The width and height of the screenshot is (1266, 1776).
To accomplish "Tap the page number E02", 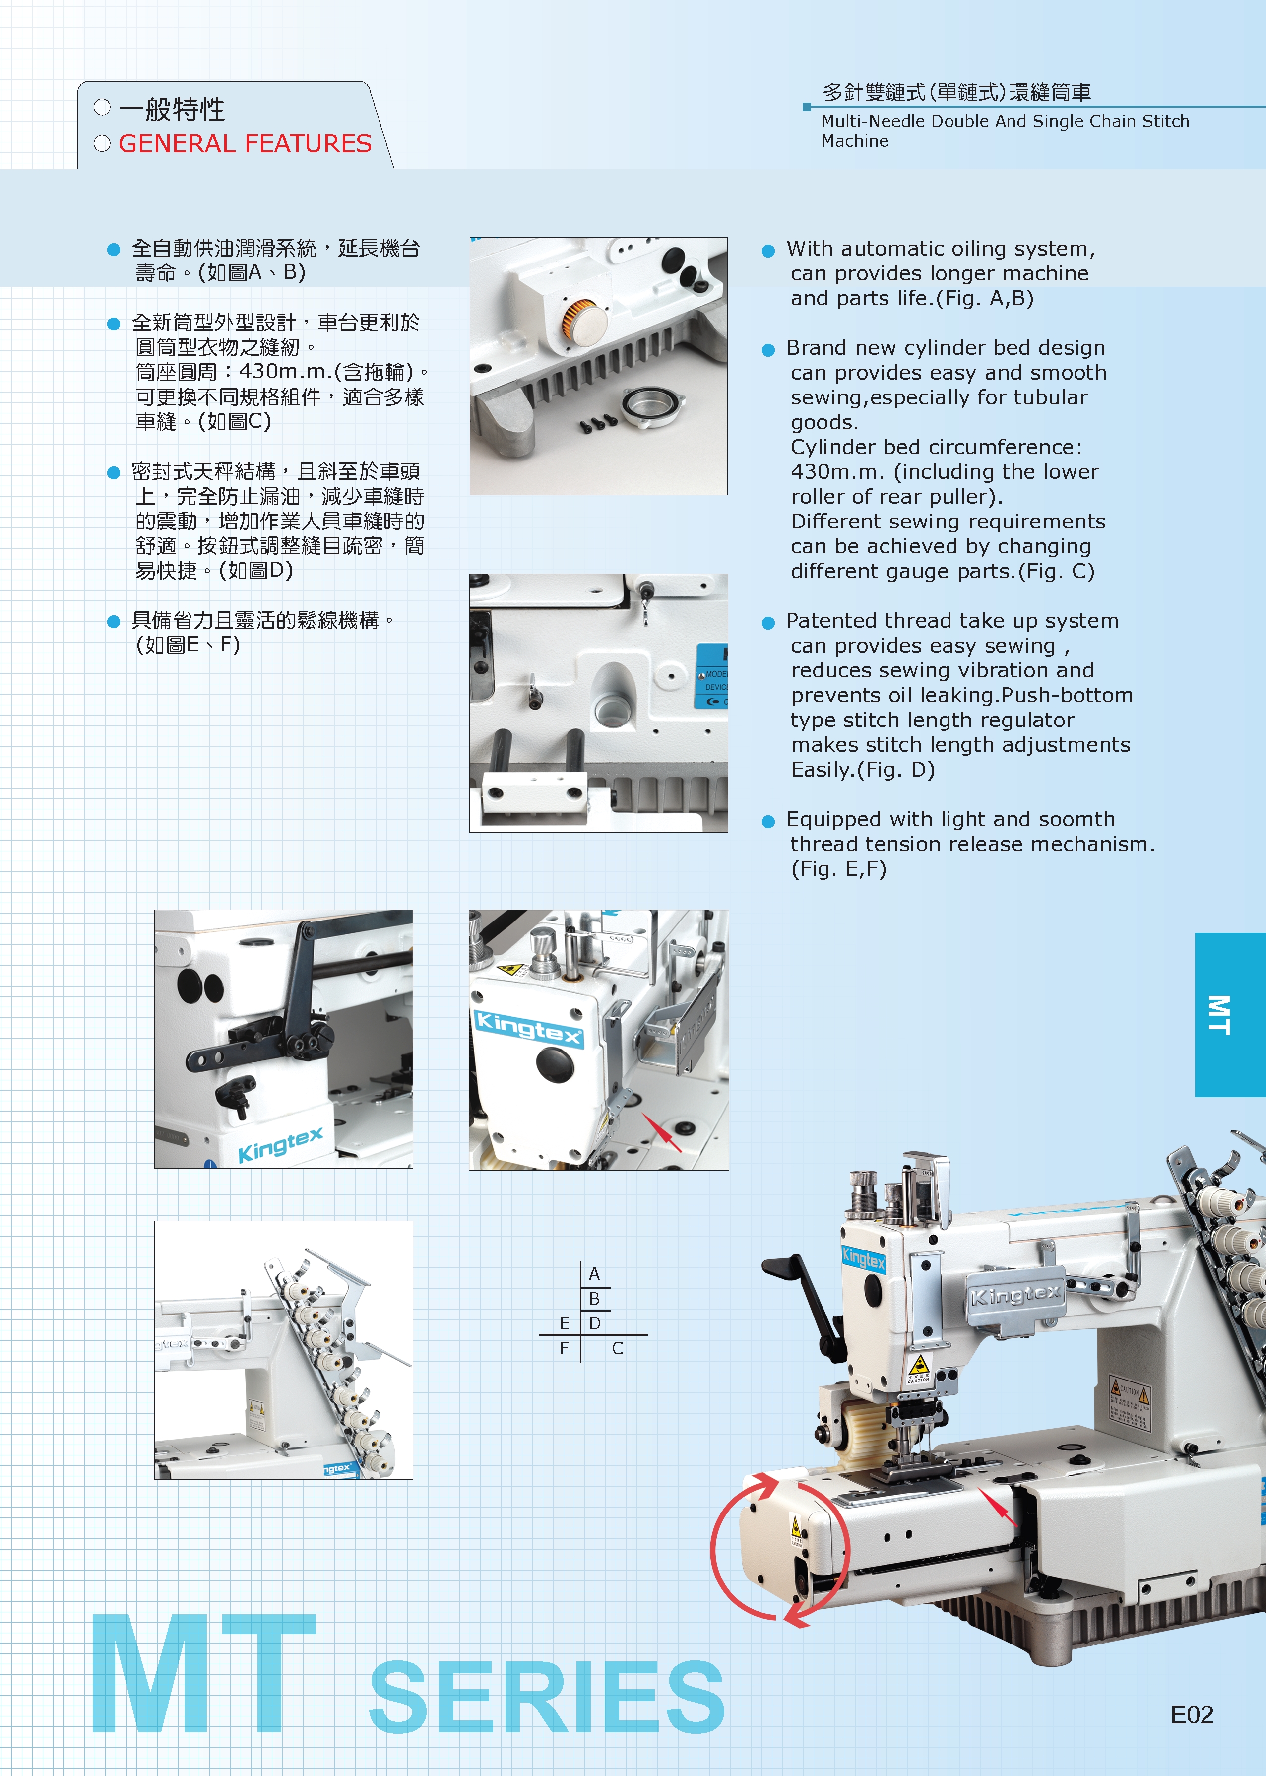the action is pyautogui.click(x=1192, y=1714).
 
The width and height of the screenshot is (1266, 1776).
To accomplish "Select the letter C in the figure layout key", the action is pyautogui.click(x=618, y=1348).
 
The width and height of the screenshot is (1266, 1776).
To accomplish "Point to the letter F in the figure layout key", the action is pyautogui.click(x=565, y=1348).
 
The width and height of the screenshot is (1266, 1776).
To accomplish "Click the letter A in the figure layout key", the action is pyautogui.click(x=594, y=1274).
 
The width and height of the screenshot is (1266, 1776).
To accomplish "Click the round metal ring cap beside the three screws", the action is pyautogui.click(x=652, y=405).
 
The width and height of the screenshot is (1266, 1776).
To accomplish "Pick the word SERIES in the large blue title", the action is pyautogui.click(x=547, y=1697).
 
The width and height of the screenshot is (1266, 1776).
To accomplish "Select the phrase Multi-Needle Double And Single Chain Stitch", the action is pyautogui.click(x=1005, y=121).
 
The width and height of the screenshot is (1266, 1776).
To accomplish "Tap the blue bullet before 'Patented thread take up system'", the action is pyautogui.click(x=768, y=622).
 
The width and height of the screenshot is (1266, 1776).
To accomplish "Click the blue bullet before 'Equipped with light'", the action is pyautogui.click(x=768, y=821).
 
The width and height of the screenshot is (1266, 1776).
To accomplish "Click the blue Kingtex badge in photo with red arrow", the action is pyautogui.click(x=528, y=1028).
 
